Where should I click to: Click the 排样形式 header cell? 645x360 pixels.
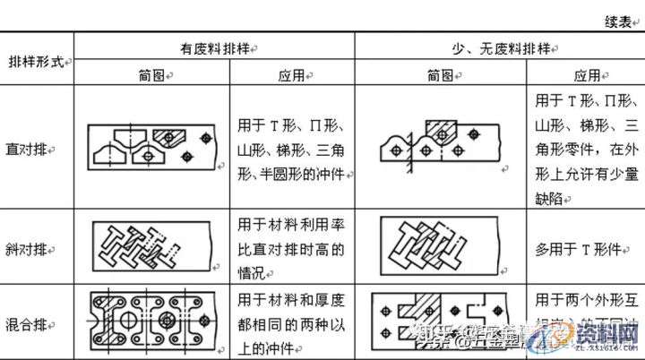point(38,63)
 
